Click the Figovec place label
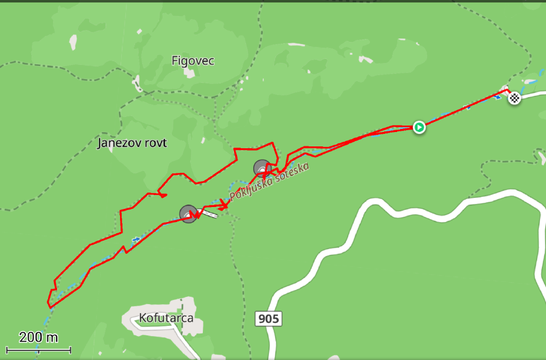click(x=193, y=61)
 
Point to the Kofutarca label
click(x=166, y=317)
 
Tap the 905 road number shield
click(x=268, y=319)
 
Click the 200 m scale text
click(x=38, y=337)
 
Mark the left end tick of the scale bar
click(x=7, y=349)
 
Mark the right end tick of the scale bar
click(x=71, y=349)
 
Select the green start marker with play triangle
click(x=419, y=127)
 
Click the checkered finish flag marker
click(x=514, y=97)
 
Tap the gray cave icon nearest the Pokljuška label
click(x=262, y=168)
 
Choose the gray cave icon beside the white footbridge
click(x=188, y=214)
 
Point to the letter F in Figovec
click(x=175, y=61)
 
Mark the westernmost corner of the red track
click(x=48, y=300)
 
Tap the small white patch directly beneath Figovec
click(x=190, y=74)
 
